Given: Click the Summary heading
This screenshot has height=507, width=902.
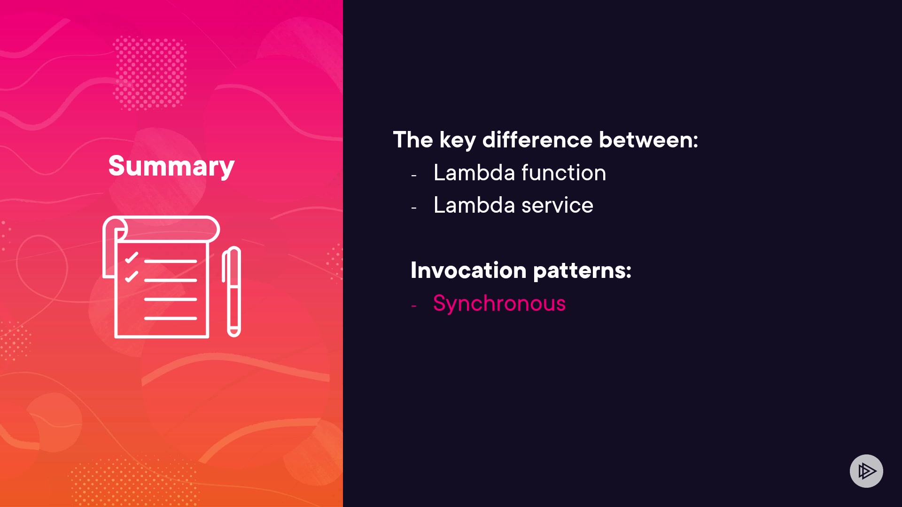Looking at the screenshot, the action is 171,166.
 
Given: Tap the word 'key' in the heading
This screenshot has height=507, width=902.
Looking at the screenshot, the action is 458,140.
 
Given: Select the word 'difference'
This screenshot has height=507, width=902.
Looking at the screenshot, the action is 537,139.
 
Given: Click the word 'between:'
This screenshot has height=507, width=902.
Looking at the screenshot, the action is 649,139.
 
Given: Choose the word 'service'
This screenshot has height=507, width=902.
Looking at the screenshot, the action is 558,205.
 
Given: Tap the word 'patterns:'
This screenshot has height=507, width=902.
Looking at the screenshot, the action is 583,271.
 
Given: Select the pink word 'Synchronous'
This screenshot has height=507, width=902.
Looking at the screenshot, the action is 499,304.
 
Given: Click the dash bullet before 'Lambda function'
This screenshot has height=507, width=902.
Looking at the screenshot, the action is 414,176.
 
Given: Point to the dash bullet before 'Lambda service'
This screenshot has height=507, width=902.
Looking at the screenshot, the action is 414,207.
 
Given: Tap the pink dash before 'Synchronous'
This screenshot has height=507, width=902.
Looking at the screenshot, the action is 414,306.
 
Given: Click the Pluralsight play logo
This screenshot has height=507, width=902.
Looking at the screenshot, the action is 866,471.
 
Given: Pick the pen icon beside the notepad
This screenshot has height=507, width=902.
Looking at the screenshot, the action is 232,292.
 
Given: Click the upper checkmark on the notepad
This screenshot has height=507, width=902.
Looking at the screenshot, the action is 132,257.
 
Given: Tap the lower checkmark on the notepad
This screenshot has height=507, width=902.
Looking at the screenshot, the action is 132,277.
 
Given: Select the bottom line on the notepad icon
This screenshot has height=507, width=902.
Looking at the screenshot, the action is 171,318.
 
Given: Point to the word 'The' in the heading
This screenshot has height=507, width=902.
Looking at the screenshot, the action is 413,139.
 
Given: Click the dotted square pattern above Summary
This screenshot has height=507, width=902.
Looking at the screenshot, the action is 150,73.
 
